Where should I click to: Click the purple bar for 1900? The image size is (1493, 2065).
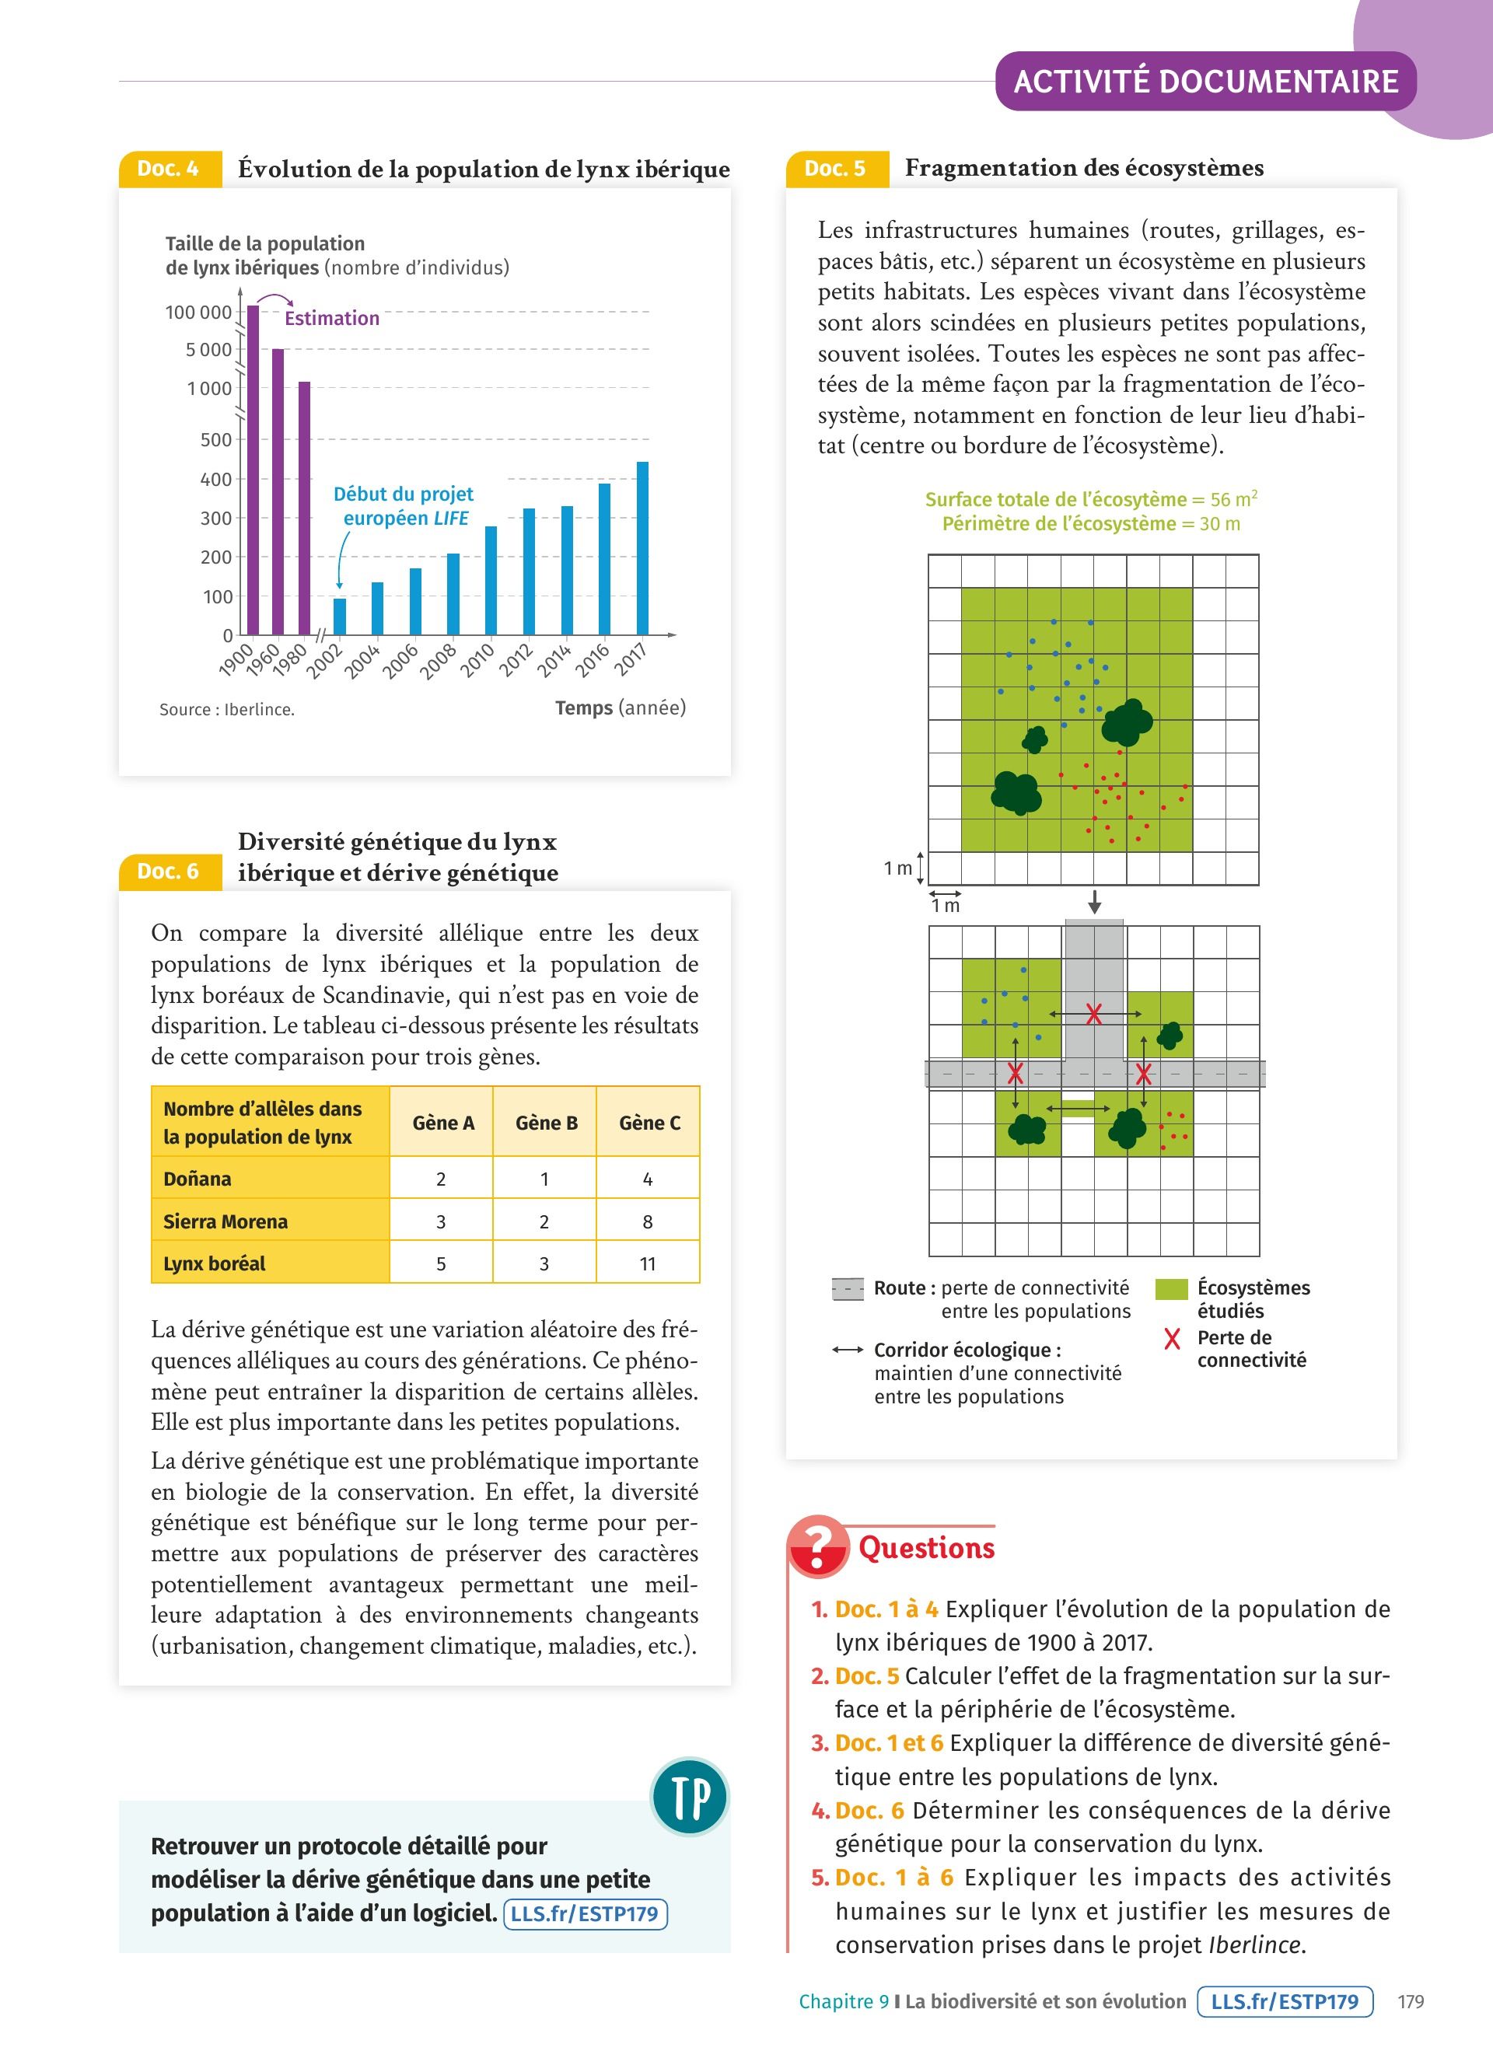(253, 469)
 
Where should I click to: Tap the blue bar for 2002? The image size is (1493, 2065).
(340, 617)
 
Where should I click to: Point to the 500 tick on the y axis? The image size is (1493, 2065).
(217, 440)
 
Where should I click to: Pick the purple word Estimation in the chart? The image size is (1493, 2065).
(331, 318)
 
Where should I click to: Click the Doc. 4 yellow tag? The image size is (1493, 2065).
(170, 169)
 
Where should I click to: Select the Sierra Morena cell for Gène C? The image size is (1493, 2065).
(647, 1221)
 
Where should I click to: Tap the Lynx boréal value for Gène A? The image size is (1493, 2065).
(441, 1263)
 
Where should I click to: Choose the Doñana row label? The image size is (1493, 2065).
(198, 1178)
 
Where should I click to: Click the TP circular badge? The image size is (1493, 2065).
(690, 1797)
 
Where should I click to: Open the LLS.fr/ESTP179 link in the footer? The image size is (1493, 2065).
(1285, 2001)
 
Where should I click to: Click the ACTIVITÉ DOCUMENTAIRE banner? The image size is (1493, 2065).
(1205, 82)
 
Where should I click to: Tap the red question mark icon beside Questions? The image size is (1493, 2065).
(817, 1545)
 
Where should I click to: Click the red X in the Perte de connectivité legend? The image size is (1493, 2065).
(1172, 1338)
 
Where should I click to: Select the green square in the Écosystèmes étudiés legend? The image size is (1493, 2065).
(1171, 1288)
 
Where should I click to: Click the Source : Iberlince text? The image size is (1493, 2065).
(227, 709)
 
